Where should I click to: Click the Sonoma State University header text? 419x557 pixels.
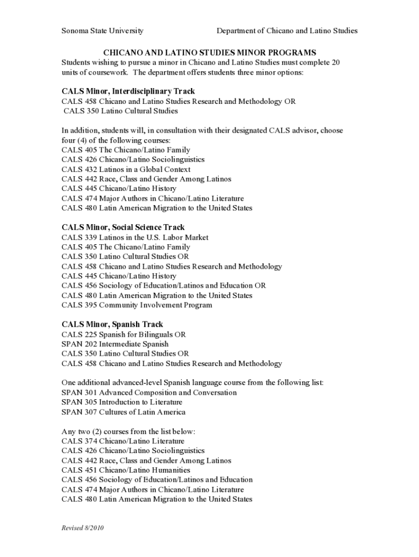102,31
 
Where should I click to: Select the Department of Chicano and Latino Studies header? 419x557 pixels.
287,31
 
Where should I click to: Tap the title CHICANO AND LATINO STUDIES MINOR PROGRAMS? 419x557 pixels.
209,53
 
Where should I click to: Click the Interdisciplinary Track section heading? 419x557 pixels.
128,91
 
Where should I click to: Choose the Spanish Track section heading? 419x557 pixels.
113,325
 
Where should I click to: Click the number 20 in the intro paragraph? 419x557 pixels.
335,63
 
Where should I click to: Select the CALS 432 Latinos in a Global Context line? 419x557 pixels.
126,169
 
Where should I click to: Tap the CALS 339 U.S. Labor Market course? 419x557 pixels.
135,238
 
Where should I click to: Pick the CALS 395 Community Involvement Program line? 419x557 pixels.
137,305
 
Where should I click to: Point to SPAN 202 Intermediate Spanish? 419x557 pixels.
115,344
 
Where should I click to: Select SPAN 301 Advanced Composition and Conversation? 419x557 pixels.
149,393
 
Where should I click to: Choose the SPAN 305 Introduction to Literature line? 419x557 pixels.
122,403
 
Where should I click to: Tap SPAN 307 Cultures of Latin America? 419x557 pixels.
124,412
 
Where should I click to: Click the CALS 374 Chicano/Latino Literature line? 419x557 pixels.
123,441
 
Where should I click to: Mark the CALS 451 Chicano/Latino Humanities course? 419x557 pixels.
126,470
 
